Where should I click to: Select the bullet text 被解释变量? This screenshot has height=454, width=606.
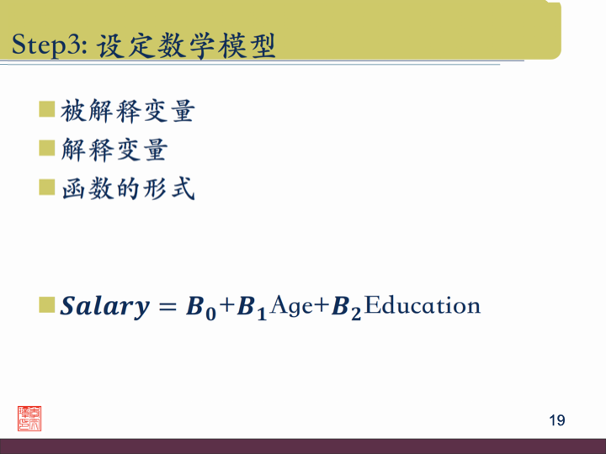(x=127, y=111)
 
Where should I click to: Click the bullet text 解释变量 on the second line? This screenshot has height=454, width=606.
(x=114, y=150)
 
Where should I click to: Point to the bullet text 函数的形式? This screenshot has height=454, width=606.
(x=127, y=188)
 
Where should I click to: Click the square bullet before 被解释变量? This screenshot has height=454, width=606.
(x=47, y=109)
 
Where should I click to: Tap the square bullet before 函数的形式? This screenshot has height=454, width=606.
(x=47, y=187)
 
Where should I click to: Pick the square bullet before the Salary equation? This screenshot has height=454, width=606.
(x=47, y=304)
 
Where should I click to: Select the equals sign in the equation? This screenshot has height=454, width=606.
(x=165, y=307)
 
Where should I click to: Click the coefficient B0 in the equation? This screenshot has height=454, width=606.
(x=199, y=308)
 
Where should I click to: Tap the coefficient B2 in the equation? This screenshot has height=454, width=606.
(x=346, y=308)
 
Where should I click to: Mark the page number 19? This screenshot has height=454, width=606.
(x=556, y=420)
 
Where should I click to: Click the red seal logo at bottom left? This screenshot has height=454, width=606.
(x=29, y=418)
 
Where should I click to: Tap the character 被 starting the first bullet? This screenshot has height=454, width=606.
(x=73, y=111)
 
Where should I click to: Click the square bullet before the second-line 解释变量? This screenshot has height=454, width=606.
(x=47, y=148)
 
